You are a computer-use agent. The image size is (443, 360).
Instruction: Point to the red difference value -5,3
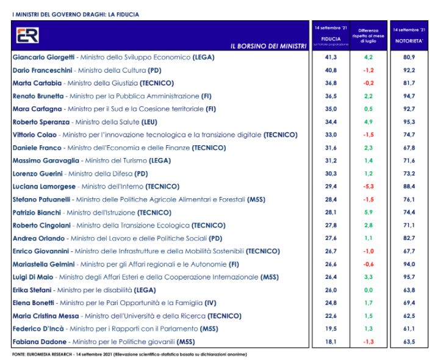(x=368, y=185)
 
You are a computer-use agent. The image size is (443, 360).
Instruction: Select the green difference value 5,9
(x=368, y=212)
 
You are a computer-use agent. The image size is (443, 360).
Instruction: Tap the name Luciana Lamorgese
(x=43, y=185)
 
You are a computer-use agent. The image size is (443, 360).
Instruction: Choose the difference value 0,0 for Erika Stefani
(x=368, y=289)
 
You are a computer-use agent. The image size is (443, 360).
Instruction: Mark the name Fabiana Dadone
(x=39, y=341)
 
